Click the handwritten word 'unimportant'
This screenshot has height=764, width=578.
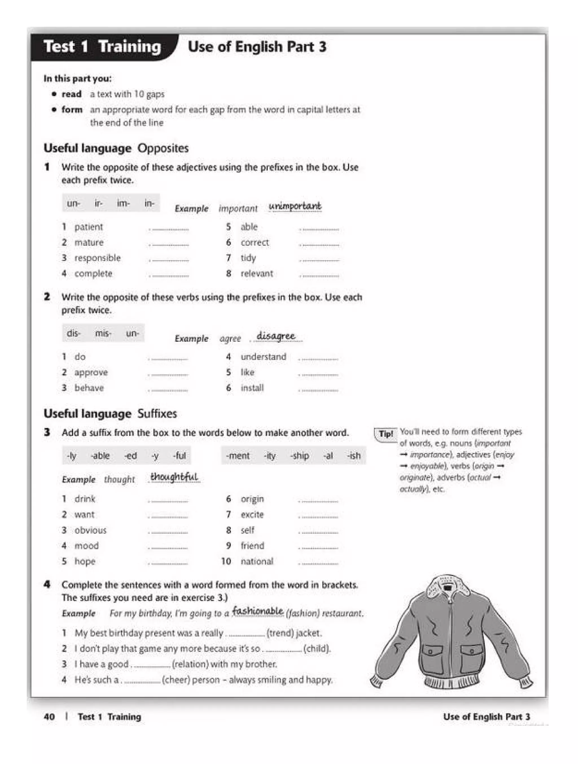click(295, 206)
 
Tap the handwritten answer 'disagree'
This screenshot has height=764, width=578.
click(276, 336)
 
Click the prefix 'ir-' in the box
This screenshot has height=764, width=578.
click(98, 203)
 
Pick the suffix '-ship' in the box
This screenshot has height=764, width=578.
click(299, 455)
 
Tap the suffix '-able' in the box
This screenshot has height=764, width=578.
click(100, 455)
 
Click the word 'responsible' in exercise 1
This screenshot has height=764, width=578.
click(97, 258)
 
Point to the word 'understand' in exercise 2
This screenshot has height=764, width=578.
click(263, 357)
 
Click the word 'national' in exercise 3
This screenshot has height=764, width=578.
click(257, 561)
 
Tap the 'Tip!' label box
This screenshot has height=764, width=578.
click(386, 434)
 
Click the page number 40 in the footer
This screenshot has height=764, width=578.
click(49, 717)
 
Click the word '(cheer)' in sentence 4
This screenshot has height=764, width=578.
click(176, 680)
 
